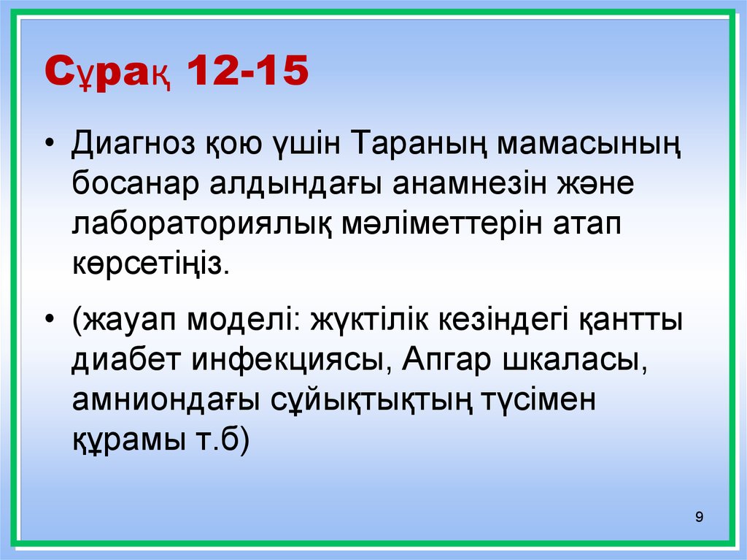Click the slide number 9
700,518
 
